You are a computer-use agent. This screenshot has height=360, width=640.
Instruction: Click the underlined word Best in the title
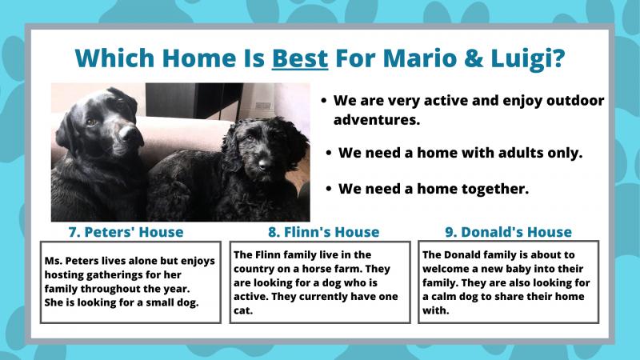pos(299,58)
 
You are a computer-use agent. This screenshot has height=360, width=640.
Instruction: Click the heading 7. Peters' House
pos(126,232)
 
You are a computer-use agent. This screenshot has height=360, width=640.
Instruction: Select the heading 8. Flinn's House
pos(324,232)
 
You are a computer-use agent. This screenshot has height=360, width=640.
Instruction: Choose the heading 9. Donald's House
pos(508,232)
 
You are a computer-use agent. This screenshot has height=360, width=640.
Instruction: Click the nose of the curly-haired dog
pos(265,164)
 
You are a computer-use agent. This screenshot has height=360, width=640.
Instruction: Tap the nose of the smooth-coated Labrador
pos(130,134)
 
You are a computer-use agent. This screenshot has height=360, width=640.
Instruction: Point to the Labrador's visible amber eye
pos(91,122)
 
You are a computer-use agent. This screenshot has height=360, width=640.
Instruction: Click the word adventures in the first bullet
pos(376,120)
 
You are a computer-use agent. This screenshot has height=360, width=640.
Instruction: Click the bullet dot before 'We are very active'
pos(324,101)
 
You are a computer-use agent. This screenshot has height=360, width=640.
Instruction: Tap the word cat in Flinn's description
pos(243,310)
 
